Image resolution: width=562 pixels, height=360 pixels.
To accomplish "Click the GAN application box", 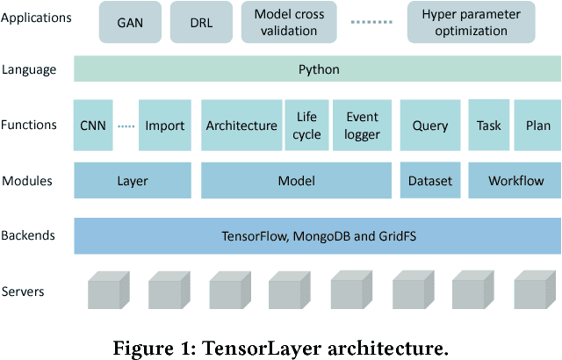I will [129, 22].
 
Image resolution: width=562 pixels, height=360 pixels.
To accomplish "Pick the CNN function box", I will [92, 126].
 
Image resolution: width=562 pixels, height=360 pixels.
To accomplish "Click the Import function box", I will [165, 126].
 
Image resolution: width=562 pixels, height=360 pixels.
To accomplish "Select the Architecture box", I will [241, 126].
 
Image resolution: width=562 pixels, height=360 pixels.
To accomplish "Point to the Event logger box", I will [362, 126].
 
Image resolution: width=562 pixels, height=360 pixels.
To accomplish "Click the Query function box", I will [430, 126].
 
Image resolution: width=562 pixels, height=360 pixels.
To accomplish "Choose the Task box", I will [489, 126].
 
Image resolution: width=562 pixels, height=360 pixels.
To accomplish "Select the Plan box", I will [538, 126].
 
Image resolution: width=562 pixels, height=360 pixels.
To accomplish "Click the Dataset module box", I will [430, 181].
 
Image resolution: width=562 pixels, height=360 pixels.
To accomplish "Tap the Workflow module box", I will [513, 181].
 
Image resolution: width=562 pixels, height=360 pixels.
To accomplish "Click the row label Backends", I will [31, 236].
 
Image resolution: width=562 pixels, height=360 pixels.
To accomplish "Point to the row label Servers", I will [25, 291].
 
